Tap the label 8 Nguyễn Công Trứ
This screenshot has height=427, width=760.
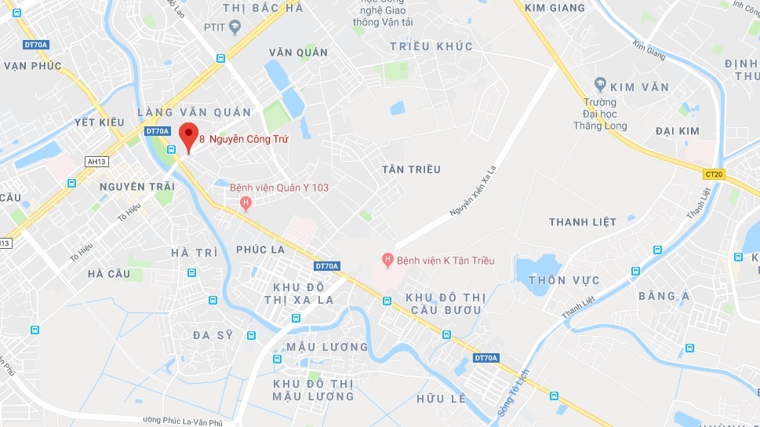243,140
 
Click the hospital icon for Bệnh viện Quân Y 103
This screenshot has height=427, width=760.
245,204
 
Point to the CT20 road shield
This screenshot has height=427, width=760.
713,174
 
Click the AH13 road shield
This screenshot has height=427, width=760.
96,161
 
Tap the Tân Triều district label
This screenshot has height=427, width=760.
411,170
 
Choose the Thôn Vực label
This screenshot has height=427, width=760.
564,280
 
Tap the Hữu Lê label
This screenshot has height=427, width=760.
442,399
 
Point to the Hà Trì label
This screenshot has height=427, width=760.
194,253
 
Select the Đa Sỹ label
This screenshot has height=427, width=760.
213,335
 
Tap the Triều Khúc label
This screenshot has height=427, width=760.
431,46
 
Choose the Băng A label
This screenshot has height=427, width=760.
664,296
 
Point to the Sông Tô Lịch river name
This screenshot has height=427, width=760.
514,392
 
